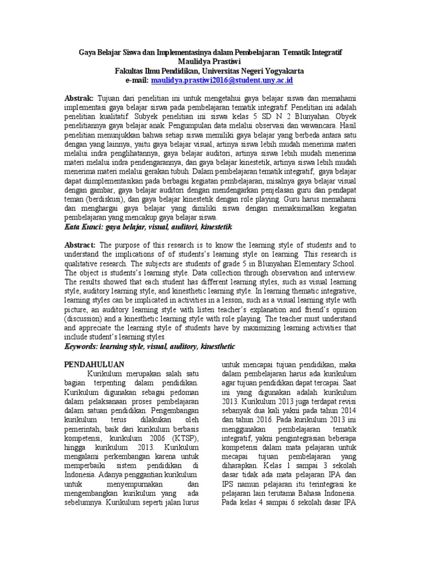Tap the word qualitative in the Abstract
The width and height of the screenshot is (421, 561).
pos(88,263)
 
